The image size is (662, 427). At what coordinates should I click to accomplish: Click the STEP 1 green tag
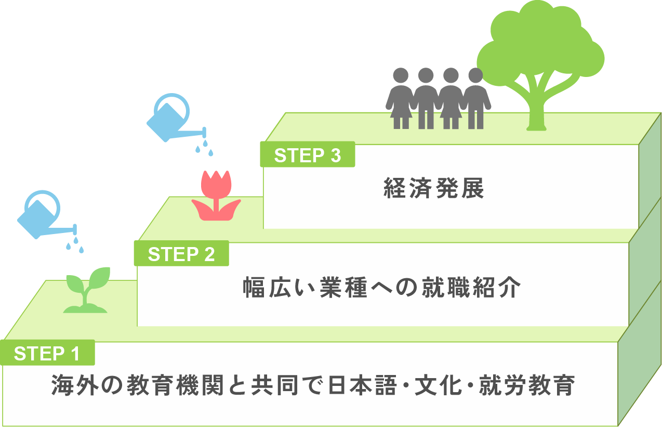coord(47,353)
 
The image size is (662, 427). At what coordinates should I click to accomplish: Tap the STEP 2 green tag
coord(181,254)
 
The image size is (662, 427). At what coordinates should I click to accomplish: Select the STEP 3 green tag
coord(308,155)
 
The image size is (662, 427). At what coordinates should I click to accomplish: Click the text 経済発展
coord(434,188)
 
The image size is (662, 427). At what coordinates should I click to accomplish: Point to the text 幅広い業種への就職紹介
coord(382,288)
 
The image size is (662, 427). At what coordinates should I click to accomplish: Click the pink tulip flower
coord(216,195)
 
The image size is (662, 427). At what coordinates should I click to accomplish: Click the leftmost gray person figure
coord(401,99)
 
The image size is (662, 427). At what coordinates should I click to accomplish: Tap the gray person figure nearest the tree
coord(475,99)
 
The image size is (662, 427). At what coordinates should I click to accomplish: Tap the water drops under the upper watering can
coord(204,147)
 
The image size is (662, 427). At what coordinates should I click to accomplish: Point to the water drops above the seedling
coord(75,244)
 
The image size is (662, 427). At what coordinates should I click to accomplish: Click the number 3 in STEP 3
coord(335,155)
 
